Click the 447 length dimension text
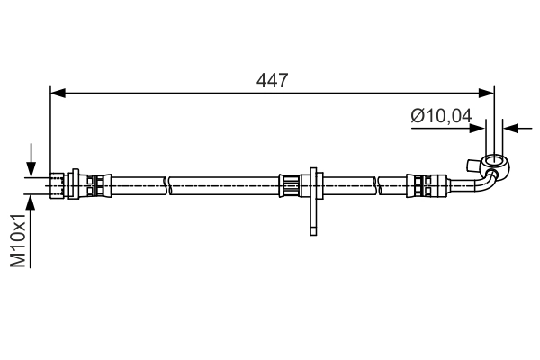click(x=272, y=80)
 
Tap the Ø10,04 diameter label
click(x=441, y=114)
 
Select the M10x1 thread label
click(x=18, y=240)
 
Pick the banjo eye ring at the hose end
click(x=491, y=164)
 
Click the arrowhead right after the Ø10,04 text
click(x=479, y=129)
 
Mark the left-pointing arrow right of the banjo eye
click(x=509, y=129)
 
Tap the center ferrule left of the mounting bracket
click(x=291, y=184)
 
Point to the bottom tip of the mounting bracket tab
click(x=312, y=232)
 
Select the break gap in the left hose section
click(x=168, y=184)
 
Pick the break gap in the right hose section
click(x=378, y=184)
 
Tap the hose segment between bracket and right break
click(x=346, y=184)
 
